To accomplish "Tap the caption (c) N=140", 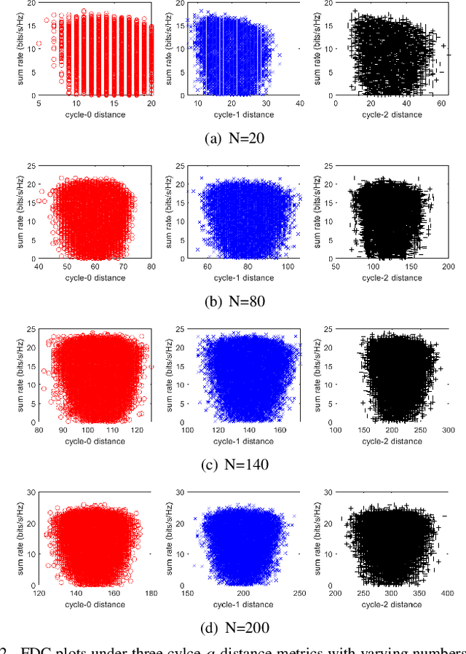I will [x=232, y=464].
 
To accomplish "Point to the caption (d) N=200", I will [x=232, y=627].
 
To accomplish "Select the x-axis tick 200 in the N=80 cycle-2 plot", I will [x=447, y=267].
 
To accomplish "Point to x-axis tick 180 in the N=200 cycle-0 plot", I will [x=151, y=594].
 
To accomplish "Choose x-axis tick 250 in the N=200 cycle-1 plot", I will [x=299, y=594].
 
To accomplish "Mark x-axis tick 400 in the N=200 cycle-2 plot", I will [x=447, y=594].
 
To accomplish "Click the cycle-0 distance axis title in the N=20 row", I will [x=96, y=115].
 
